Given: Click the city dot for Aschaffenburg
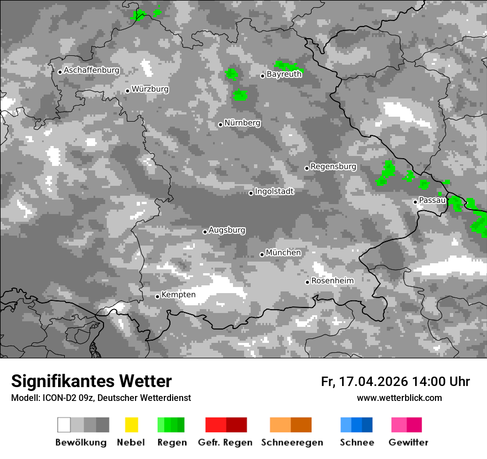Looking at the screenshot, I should coord(60,71).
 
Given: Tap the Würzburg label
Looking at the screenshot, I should coord(150,89).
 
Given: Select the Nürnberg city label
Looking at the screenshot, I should coord(242,123).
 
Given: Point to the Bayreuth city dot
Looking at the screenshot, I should coord(263,76).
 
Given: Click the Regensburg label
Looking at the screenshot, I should coord(333,166).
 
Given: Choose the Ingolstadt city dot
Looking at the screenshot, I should coord(251,193).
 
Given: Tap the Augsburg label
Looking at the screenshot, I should coord(227,230).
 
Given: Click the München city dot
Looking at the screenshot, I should coord(262,254).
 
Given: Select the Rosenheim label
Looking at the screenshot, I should coord(332,281).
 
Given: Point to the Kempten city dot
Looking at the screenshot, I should coord(157,296).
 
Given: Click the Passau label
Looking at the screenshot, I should coord(432,200).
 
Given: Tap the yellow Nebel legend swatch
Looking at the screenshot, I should coord(131,425).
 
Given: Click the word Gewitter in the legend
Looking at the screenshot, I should coord(408,442).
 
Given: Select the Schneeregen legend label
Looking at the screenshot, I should coord(292,442).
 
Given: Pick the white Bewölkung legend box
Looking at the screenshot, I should coord(64,425).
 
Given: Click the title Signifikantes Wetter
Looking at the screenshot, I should coord(91,382).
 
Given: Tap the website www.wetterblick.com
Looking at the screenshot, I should coord(400,398).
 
